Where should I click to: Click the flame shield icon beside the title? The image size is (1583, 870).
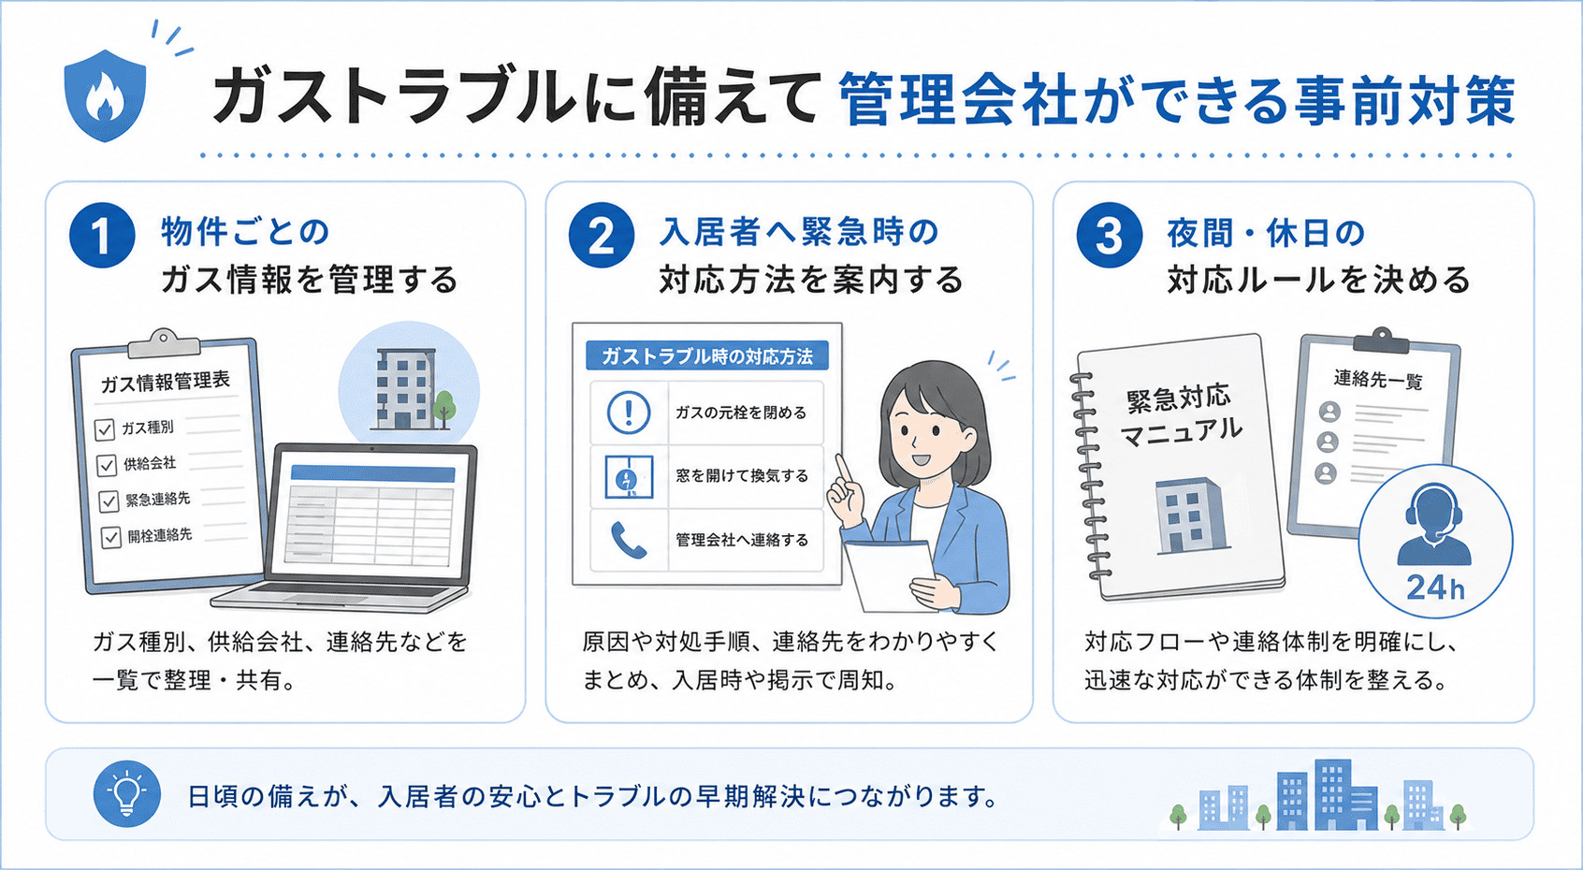tap(105, 95)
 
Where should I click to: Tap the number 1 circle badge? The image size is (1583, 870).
tap(102, 236)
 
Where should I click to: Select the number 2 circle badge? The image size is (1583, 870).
tap(602, 236)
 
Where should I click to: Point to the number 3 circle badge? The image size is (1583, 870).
tap(1110, 236)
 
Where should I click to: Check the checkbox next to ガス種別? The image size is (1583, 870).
tap(105, 429)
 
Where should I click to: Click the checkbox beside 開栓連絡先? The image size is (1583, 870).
tap(111, 537)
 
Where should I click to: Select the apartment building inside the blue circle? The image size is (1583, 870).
tap(404, 389)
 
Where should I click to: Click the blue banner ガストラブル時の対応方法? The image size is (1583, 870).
tap(706, 356)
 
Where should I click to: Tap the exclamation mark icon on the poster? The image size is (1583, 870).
tap(629, 413)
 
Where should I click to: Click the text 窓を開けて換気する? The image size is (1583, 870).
tap(742, 475)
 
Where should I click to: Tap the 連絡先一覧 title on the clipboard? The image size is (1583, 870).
tap(1378, 380)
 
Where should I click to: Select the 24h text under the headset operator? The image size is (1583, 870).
tap(1435, 587)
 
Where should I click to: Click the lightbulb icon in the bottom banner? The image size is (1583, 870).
tap(127, 794)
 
